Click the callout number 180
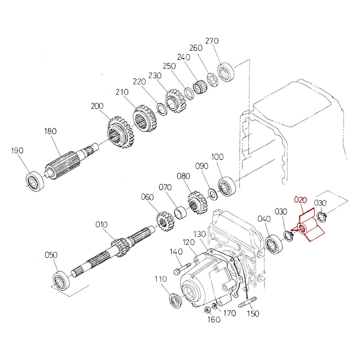coord(50,131)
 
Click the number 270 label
coord(212,41)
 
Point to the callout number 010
coord(102,224)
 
